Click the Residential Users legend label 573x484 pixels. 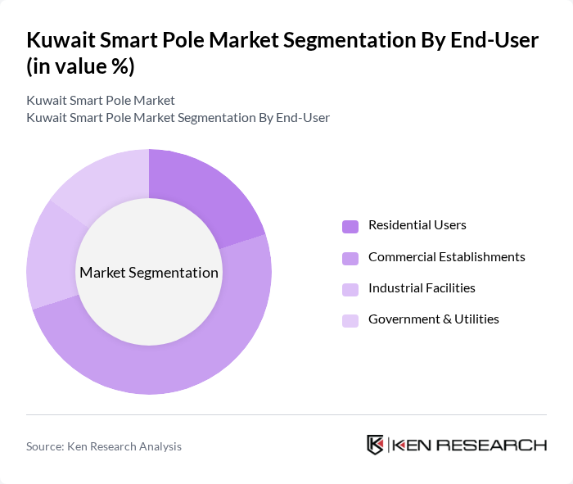[417, 225]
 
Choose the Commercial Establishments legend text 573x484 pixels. [446, 256]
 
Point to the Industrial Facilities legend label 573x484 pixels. [422, 287]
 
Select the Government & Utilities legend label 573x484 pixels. [433, 319]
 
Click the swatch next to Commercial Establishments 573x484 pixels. [350, 258]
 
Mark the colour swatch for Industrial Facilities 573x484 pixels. [350, 289]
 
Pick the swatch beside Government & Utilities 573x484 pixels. [350, 320]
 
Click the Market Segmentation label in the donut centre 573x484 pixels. [149, 273]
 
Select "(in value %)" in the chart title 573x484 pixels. [80, 66]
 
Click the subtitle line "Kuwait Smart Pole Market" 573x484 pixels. [101, 101]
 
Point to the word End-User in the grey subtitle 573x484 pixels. [303, 117]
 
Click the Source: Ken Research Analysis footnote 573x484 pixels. [104, 446]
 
